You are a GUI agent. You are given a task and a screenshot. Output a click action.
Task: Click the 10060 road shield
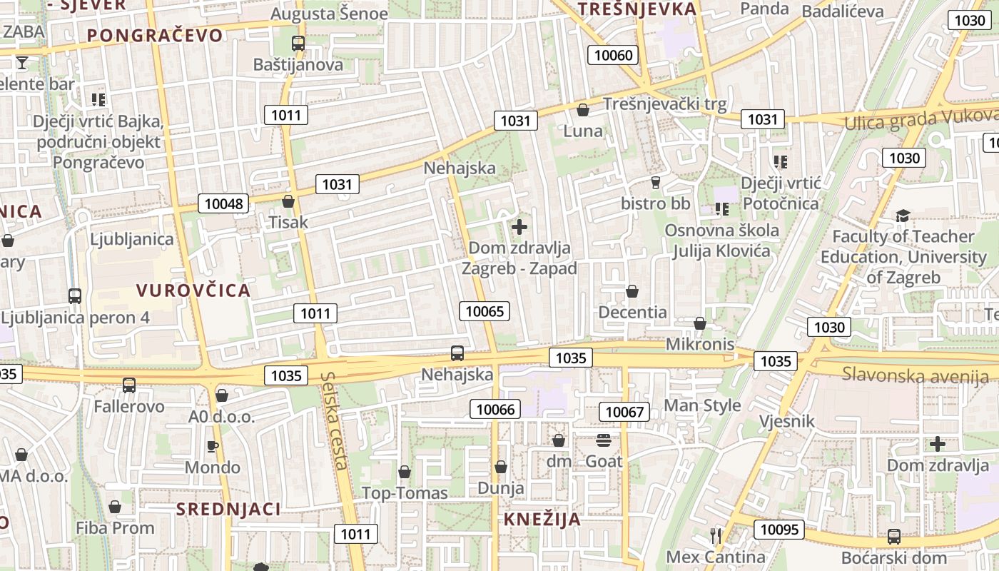(613, 55)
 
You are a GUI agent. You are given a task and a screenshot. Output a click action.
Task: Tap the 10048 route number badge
(223, 203)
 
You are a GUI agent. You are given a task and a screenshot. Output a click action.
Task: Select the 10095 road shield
(779, 529)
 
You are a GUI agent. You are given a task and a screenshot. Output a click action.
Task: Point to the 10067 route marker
(624, 411)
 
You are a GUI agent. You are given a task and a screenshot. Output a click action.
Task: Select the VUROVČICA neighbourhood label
(193, 290)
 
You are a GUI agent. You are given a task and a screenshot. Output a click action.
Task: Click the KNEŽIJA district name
(542, 519)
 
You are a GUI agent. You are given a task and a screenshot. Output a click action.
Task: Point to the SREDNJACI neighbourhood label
(228, 509)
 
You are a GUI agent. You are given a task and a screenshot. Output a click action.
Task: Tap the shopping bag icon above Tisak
(288, 201)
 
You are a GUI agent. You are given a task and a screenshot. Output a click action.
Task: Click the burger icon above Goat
(604, 440)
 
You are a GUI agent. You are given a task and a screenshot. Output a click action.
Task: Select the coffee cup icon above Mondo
(212, 447)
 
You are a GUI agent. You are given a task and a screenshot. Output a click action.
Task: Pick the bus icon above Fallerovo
(129, 385)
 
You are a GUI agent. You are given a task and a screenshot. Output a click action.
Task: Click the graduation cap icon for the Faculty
(903, 216)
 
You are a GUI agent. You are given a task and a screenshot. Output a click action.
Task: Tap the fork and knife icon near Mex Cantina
(716, 535)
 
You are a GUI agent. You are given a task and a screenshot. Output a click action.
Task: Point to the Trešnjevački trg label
(664, 104)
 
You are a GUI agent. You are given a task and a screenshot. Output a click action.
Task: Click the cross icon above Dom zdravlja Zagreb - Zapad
(519, 228)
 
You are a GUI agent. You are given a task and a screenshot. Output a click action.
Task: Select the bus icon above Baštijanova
(298, 44)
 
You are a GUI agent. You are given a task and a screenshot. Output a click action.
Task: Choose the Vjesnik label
(786, 421)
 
